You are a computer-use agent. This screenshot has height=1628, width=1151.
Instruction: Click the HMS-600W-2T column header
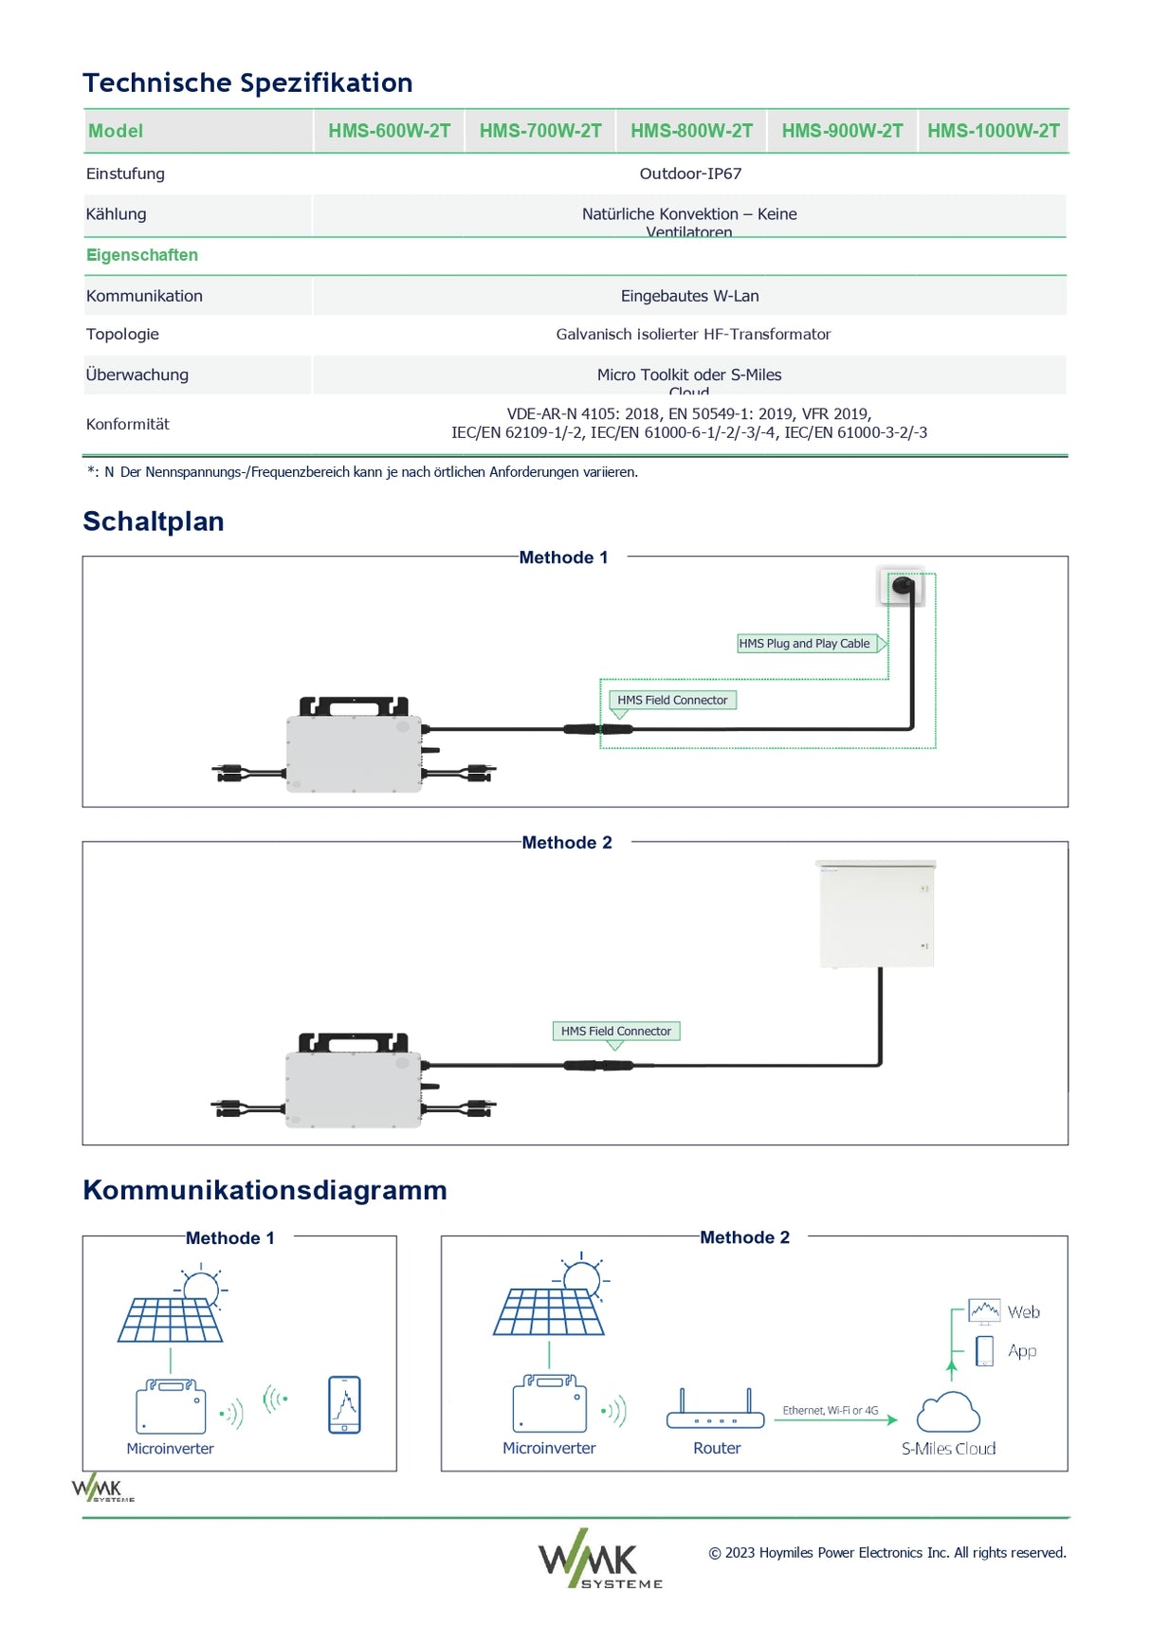(389, 131)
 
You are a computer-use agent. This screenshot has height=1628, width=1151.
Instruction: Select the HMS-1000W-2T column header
(993, 131)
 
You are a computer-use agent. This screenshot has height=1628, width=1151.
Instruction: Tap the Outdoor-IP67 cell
(690, 174)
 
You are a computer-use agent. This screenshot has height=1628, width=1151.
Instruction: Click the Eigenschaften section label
(142, 255)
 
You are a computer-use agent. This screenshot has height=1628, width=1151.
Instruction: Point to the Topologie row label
(122, 334)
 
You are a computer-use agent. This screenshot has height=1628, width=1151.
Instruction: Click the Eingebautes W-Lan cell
(689, 296)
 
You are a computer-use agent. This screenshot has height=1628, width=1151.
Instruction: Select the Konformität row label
(127, 424)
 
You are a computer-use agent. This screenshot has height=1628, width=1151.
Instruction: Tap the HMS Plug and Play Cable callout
(804, 643)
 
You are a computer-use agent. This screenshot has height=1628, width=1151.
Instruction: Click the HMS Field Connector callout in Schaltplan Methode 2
(615, 1031)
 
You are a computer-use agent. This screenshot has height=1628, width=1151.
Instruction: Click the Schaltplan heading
(154, 521)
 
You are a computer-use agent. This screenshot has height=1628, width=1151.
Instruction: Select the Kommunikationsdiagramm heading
(265, 1190)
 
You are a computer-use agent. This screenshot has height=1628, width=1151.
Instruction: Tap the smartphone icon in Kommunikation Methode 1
(344, 1404)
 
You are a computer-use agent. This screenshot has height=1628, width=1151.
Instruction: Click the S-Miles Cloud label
(948, 1448)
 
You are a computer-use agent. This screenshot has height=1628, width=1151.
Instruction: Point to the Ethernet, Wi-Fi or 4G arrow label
(830, 1410)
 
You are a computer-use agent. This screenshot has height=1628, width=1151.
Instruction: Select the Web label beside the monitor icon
(1023, 1312)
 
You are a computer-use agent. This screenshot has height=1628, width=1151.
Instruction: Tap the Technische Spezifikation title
(247, 82)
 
